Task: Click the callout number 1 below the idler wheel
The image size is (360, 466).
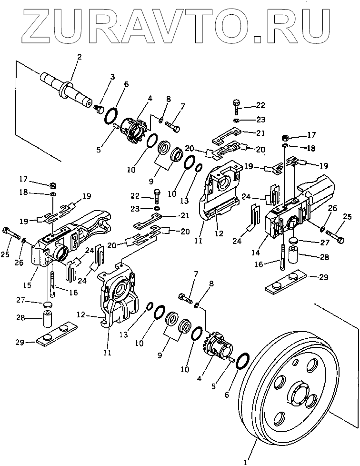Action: click(245, 461)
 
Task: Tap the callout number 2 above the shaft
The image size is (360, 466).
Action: click(79, 57)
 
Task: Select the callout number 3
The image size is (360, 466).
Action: click(112, 77)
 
